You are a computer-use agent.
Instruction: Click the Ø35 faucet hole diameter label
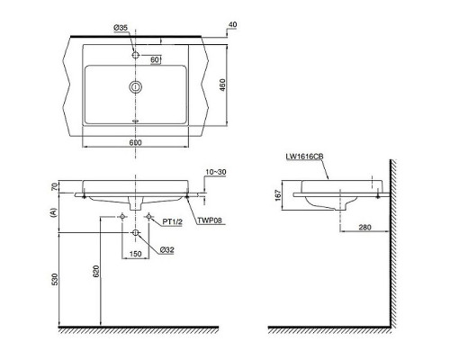point(121,28)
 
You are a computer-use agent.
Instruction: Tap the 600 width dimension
point(135,142)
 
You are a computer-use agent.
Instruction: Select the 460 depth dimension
point(222,85)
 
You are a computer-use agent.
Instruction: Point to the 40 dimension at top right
point(232,24)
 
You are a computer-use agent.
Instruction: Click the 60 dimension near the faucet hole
point(155,59)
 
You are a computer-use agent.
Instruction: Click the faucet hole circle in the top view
point(136,55)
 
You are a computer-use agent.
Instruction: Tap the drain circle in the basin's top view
point(136,87)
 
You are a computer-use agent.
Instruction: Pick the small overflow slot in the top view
point(136,121)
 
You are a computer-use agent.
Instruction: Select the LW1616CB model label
point(304,157)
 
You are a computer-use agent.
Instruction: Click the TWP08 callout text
point(210,220)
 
